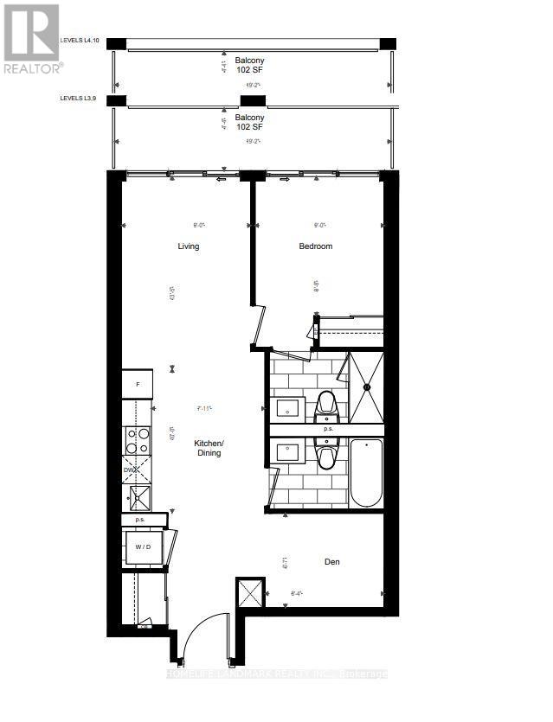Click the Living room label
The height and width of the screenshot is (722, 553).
188,246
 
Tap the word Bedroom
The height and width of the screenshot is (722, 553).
316,246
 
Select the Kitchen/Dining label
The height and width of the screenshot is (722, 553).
209,447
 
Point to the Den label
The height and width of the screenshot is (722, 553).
331,562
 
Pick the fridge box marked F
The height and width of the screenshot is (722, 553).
137,384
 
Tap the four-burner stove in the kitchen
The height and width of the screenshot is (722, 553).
137,441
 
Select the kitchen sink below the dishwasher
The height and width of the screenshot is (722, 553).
137,497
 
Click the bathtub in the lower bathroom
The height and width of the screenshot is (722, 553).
366,472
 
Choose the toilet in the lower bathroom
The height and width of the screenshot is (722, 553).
326,455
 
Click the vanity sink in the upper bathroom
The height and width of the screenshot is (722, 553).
286,406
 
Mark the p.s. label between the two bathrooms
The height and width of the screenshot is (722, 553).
328,430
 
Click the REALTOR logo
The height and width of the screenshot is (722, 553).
31,38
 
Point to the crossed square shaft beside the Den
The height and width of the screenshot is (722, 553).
249,595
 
